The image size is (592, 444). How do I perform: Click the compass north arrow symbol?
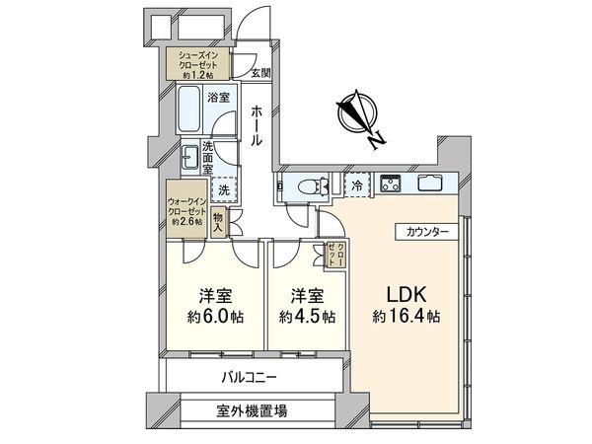point(357,116)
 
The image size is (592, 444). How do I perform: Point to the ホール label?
point(256,125)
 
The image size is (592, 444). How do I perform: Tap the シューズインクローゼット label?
point(199,63)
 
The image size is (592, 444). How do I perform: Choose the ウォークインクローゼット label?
point(187,208)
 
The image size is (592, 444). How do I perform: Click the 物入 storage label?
point(219,220)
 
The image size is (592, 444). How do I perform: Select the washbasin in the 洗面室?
point(190,156)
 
